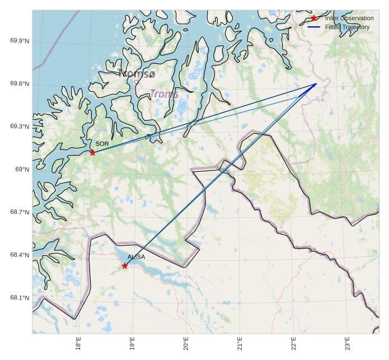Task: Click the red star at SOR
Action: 92,152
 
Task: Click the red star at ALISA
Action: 124,266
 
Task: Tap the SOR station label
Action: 102,144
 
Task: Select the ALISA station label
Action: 136,257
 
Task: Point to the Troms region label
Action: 164,95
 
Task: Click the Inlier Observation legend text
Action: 349,18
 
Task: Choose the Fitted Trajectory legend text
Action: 347,27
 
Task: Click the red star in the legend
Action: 314,18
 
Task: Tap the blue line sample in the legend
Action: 314,27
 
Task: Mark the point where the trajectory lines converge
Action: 316,84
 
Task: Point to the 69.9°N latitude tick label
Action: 20,41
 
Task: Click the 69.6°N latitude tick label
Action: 20,85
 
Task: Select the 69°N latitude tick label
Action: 22,170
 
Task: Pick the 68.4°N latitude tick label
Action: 20,255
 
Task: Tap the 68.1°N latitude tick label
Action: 20,298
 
